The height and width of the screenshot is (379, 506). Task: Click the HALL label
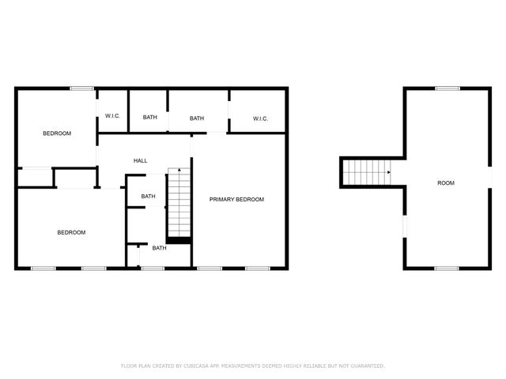[140, 161]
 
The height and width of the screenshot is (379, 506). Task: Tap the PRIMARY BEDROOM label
[236, 200]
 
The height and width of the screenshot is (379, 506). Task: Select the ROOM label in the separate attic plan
[446, 183]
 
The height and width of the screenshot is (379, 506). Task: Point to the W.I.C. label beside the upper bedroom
[112, 117]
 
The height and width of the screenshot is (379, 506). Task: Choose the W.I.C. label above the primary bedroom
[260, 118]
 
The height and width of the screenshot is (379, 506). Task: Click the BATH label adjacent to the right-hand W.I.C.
[197, 118]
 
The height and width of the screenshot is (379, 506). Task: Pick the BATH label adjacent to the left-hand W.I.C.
[149, 118]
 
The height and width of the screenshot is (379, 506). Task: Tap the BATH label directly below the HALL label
[148, 196]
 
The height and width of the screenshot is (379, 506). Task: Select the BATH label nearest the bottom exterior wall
[159, 248]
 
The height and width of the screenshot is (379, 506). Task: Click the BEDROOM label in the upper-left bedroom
[57, 133]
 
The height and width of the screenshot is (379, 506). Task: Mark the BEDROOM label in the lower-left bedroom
[71, 232]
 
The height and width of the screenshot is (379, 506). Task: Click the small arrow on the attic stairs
[388, 172]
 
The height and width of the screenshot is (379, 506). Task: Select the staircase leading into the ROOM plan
[367, 173]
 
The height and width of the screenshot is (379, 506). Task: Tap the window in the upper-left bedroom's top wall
[81, 88]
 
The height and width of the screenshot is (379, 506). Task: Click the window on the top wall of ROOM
[447, 88]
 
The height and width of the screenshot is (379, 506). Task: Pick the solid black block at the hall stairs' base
[179, 238]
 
